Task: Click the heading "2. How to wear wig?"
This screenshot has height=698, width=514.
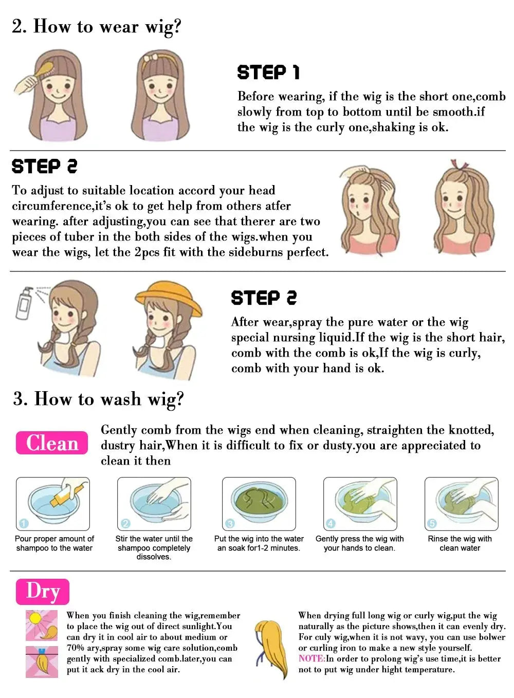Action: (97, 26)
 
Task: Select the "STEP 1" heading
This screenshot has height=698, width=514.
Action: (268, 72)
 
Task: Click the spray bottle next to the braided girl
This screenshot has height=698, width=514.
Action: (24, 303)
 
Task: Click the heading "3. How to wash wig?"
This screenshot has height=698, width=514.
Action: (98, 399)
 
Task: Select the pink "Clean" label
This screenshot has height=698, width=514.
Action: (52, 443)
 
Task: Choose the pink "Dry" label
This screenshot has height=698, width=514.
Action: (43, 592)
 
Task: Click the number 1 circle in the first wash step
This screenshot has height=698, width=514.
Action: (23, 523)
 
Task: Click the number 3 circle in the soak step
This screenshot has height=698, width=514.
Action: (230, 523)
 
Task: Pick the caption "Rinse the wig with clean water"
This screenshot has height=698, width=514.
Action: (460, 543)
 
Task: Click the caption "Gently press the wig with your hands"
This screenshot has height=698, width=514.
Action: (359, 543)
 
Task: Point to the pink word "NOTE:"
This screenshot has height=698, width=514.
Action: (311, 658)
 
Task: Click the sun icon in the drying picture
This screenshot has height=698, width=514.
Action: (35, 618)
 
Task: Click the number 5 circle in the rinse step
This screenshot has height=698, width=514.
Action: (432, 523)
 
